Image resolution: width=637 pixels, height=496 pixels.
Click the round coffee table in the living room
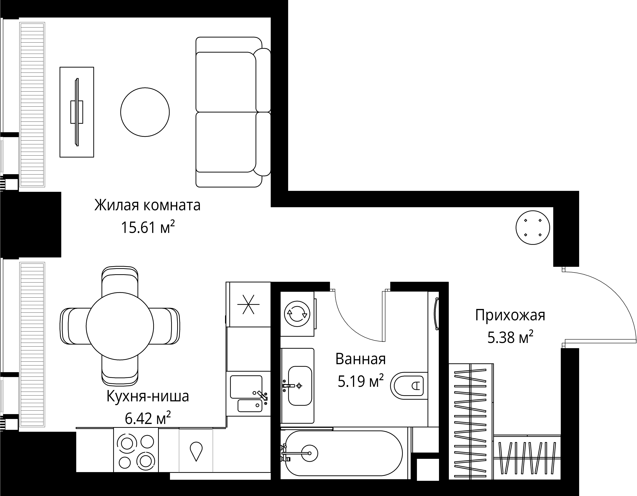pyautogui.click(x=145, y=112)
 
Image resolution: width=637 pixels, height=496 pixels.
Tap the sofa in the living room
pyautogui.click(x=230, y=112)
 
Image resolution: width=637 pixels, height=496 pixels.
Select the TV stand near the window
pyautogui.click(x=77, y=112)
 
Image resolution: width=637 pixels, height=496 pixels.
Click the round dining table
pyautogui.click(x=120, y=326)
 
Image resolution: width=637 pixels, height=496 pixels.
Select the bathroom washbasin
pyautogui.click(x=300, y=386)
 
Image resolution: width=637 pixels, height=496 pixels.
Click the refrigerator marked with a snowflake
pyautogui.click(x=248, y=304)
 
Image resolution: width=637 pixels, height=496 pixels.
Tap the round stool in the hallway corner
pyautogui.click(x=533, y=228)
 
